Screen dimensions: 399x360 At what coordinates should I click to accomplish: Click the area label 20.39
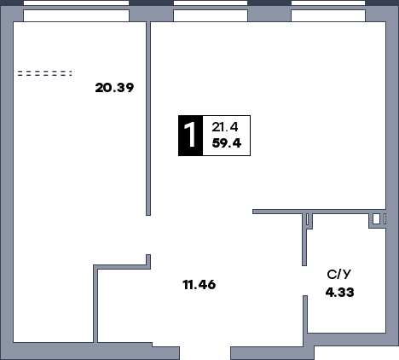pyautogui.click(x=114, y=88)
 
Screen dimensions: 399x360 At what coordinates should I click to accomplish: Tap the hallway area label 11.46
pyautogui.click(x=199, y=285)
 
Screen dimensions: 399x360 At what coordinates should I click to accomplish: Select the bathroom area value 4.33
pyautogui.click(x=340, y=293)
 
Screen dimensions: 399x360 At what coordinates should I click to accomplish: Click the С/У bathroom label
pyautogui.click(x=338, y=275)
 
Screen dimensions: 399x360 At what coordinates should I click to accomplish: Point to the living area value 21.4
pyautogui.click(x=225, y=127)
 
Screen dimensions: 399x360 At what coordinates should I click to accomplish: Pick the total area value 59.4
pyautogui.click(x=227, y=143)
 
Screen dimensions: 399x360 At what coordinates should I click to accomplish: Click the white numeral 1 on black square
pyautogui.click(x=190, y=136)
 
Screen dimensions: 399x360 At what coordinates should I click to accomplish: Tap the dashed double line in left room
pyautogui.click(x=45, y=73)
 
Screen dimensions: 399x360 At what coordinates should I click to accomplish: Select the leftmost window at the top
pyautogui.click(x=76, y=11)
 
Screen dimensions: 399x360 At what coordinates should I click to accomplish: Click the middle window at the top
pyautogui.click(x=211, y=11)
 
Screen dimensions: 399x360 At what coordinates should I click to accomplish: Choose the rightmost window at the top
pyautogui.click(x=328, y=11)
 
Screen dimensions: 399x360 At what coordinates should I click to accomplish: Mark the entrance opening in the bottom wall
pyautogui.click(x=205, y=353)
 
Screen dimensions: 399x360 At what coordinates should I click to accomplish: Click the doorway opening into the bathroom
pyautogui.click(x=304, y=281)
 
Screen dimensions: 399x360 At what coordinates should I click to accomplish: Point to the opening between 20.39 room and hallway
pyautogui.click(x=148, y=235)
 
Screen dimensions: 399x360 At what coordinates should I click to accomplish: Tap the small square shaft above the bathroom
pyautogui.click(x=376, y=219)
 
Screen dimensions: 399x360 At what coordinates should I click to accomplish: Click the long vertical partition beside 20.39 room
pyautogui.click(x=148, y=119)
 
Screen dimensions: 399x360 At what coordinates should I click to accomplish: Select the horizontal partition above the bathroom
pyautogui.click(x=319, y=212)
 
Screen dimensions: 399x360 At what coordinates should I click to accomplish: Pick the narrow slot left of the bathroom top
pyautogui.click(x=307, y=219)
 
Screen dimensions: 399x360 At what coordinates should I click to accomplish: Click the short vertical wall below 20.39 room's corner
pyautogui.click(x=95, y=304)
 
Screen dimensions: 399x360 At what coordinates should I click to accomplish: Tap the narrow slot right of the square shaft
pyautogui.click(x=385, y=219)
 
